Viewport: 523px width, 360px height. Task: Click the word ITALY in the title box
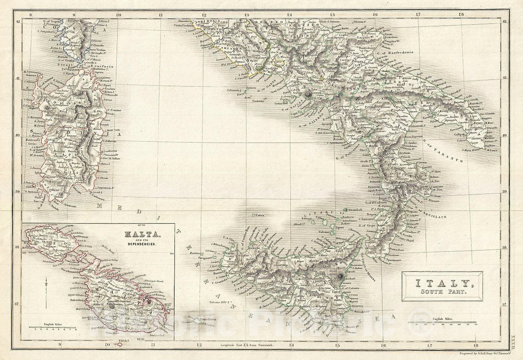pyautogui.click(x=441, y=283)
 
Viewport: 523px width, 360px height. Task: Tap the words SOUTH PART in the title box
pyautogui.click(x=442, y=292)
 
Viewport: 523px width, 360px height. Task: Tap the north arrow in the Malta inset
pyautogui.click(x=46, y=290)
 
